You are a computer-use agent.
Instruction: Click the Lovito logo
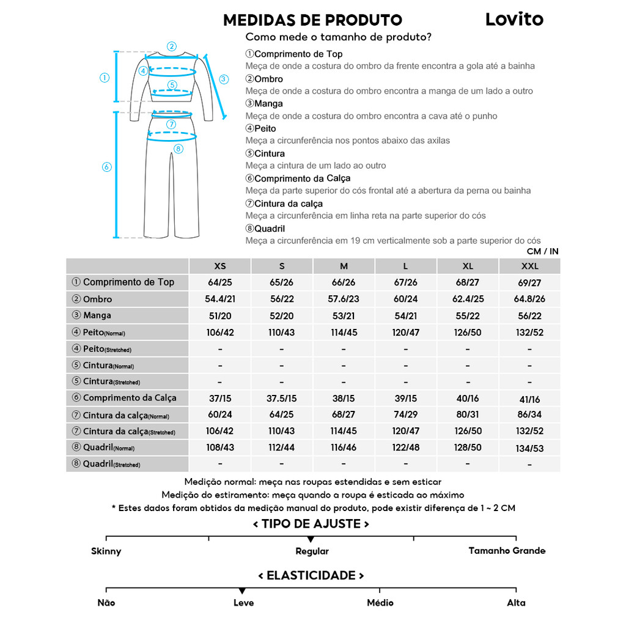click(514, 19)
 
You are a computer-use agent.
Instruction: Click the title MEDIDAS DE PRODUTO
click(312, 20)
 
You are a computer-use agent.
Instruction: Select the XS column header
click(220, 267)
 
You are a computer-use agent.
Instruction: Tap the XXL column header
click(529, 267)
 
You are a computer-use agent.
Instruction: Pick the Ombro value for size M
click(344, 300)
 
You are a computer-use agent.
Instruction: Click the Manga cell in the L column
click(405, 316)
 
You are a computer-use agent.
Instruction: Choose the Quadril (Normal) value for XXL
click(529, 448)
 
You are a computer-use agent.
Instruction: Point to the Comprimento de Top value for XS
click(220, 283)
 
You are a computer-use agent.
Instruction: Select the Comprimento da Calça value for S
click(282, 399)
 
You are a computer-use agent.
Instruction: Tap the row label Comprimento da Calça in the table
click(129, 398)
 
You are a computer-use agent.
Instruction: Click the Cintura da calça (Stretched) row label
click(128, 432)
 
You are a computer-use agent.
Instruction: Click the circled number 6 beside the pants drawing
click(106, 167)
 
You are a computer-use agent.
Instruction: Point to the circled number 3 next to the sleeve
click(224, 79)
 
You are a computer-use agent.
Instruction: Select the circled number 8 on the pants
click(178, 149)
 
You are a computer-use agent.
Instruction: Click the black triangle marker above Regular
click(311, 539)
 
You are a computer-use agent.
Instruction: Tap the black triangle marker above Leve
click(243, 591)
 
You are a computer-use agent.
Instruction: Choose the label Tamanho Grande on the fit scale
click(507, 551)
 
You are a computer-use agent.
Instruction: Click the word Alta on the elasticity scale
click(516, 603)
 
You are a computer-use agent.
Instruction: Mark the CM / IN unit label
click(542, 251)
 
